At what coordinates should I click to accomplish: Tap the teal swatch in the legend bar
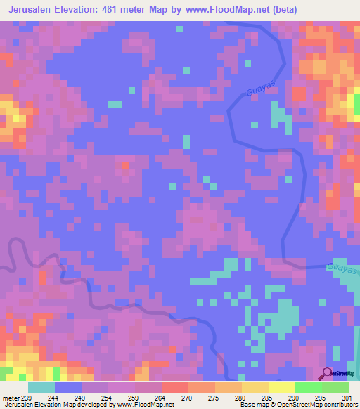point(41,387)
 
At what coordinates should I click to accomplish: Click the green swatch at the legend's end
point(335,387)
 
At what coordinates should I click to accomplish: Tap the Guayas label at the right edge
point(342,269)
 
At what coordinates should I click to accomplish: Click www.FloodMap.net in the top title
point(219,10)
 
